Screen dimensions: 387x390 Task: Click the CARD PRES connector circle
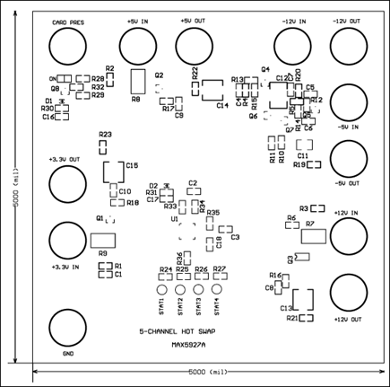pos(68,45)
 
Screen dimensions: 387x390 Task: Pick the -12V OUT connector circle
pos(349,45)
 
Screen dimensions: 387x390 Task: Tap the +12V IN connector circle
pos(349,238)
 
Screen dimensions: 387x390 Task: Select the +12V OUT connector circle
pos(349,294)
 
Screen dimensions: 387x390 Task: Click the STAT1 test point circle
pos(162,291)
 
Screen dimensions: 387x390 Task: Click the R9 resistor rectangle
pos(102,241)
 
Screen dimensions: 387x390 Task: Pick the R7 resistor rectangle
pos(315,236)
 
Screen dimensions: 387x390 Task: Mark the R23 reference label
pos(105,135)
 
